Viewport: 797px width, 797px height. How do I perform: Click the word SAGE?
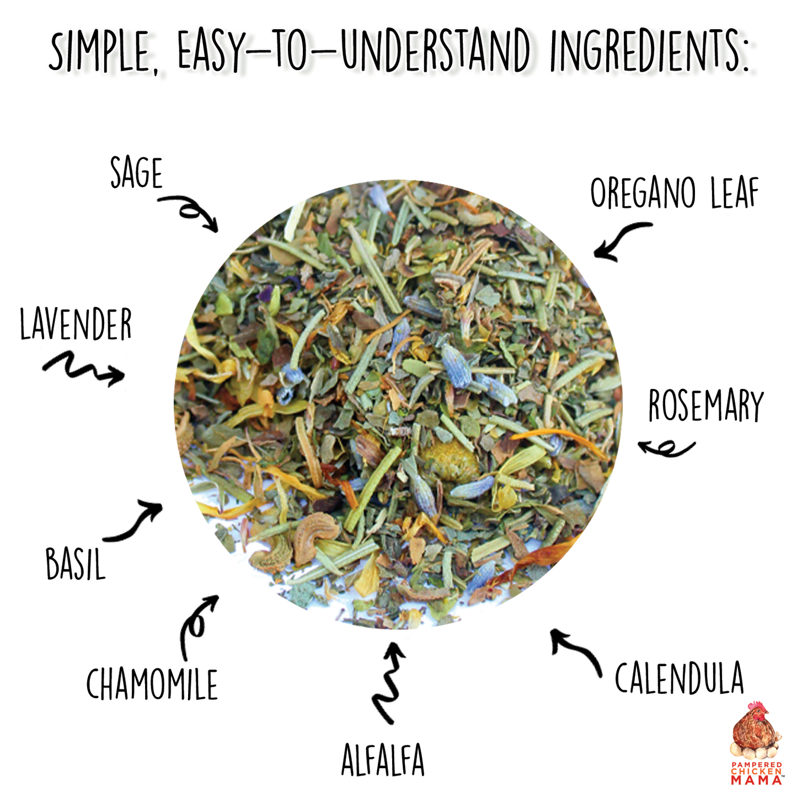pyautogui.click(x=137, y=173)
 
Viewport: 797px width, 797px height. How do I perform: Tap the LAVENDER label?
pyautogui.click(x=76, y=324)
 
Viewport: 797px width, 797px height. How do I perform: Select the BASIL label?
pyautogui.click(x=75, y=564)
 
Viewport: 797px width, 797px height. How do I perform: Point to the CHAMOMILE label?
pyautogui.click(x=152, y=684)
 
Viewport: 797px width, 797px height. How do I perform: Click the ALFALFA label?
pyautogui.click(x=383, y=760)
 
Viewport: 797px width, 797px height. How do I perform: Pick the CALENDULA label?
pyautogui.click(x=679, y=678)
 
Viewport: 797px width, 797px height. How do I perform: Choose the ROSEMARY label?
pyautogui.click(x=705, y=405)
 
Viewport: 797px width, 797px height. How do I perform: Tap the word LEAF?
pyautogui.click(x=735, y=193)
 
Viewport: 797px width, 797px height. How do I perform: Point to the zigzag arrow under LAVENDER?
pyautogui.click(x=83, y=368)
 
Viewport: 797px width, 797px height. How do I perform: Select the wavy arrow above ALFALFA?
pyautogui.click(x=389, y=681)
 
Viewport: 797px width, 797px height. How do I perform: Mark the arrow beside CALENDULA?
pyautogui.click(x=576, y=651)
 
